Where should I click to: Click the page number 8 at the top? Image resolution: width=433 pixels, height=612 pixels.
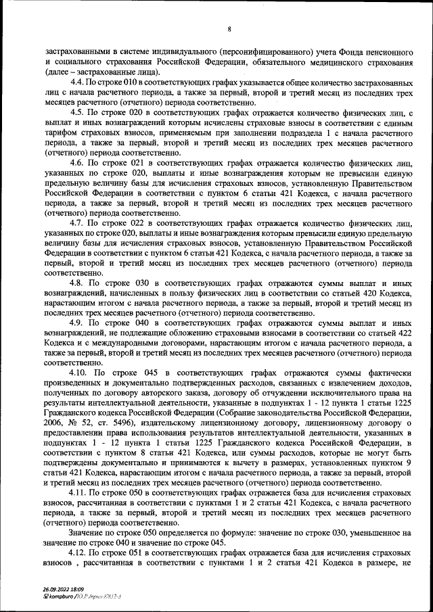[230, 28]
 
